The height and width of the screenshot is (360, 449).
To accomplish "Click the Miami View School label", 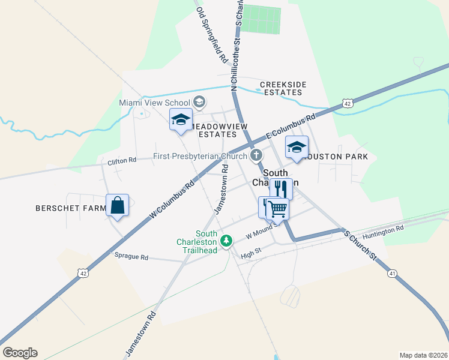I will coord(154,103).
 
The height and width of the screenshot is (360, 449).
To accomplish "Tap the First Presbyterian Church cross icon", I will coord(256,157).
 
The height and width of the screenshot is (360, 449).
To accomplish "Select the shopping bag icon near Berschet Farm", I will coord(118,206).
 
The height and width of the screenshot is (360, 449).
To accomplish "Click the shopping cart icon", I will coord(278,209).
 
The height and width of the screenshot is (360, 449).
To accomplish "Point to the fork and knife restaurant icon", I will coord(281,189).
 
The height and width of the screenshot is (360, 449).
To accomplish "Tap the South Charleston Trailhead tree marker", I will coord(226,241).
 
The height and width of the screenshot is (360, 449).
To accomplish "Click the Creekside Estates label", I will coord(281,88).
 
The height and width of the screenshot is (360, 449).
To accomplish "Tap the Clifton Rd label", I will coord(122,161).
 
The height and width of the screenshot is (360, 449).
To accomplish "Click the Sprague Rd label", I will coord(131,257).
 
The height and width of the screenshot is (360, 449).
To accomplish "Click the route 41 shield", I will coord(393,273).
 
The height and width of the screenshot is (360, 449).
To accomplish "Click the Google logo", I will coord(20,353).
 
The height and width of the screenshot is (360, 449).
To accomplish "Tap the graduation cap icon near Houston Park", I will coord(297,147).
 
